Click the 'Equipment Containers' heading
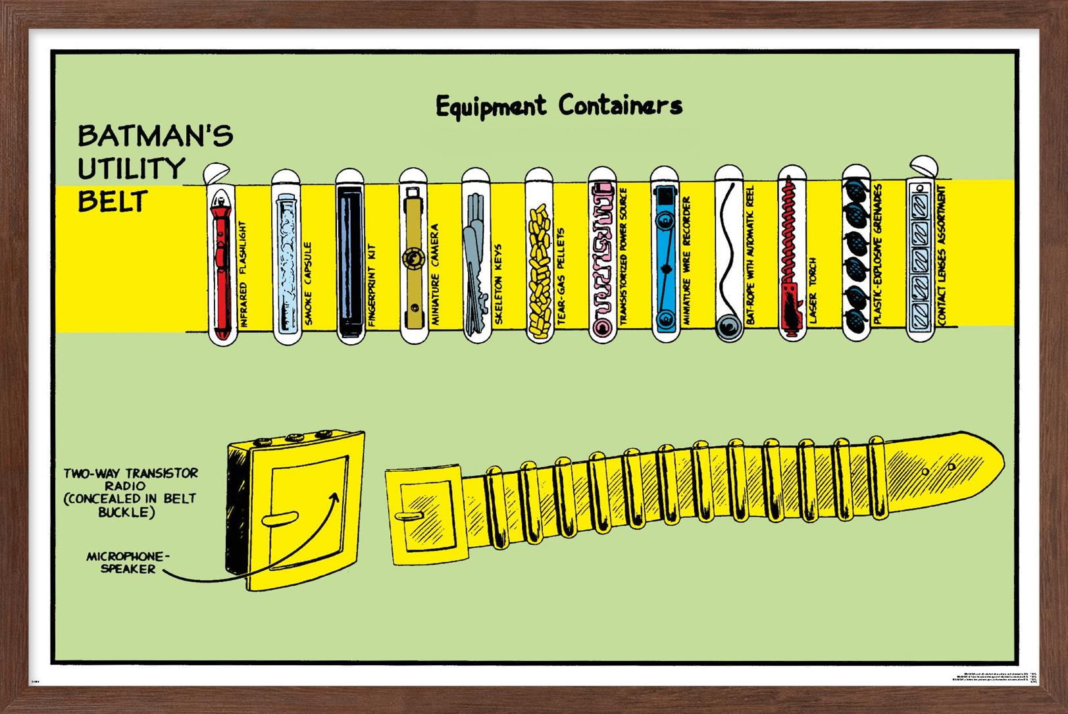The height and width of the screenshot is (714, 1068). pos(559,106)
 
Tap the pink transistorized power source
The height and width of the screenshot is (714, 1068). pos(603,260)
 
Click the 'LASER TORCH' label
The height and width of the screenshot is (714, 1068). pos(813,290)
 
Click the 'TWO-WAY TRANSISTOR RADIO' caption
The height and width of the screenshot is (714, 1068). pos(130,492)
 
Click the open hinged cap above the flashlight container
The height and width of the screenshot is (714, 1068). pos(215,172)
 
